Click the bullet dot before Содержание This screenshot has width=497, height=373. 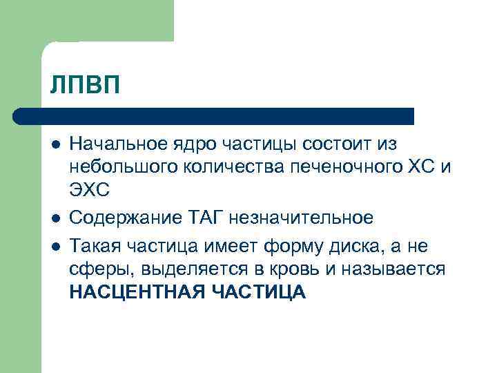55,218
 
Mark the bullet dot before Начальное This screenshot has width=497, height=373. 55,144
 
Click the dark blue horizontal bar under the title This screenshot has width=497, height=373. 214,115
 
